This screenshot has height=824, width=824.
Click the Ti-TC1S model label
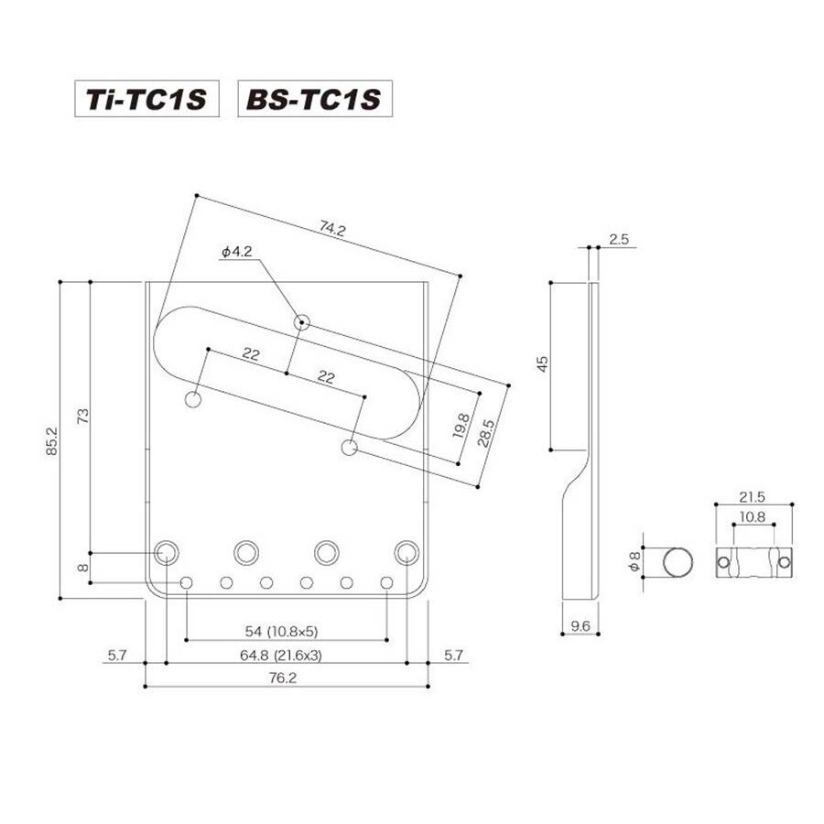(x=146, y=99)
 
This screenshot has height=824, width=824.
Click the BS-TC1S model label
(x=314, y=99)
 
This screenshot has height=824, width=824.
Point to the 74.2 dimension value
(x=332, y=229)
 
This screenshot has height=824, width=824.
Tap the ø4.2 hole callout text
(x=236, y=252)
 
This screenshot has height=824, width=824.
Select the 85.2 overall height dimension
(x=52, y=440)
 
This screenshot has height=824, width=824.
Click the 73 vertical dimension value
(x=83, y=417)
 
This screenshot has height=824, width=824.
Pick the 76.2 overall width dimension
(x=283, y=678)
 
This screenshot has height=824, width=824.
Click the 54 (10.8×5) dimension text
(x=282, y=631)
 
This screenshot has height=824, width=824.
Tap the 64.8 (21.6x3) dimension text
(x=281, y=656)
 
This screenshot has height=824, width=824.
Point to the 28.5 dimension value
(x=486, y=432)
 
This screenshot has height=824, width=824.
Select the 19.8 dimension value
(x=461, y=426)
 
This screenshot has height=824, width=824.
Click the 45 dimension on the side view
(x=542, y=363)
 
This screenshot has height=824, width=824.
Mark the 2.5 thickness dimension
(x=619, y=239)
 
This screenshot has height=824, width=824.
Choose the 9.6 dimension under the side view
(x=580, y=626)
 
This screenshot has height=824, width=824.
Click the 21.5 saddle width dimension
(x=752, y=496)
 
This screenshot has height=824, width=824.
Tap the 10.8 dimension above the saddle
(x=753, y=517)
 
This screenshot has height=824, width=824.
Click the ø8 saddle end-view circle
(x=678, y=562)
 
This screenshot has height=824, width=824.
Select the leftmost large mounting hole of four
(x=166, y=553)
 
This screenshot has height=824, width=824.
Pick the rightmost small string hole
(x=386, y=583)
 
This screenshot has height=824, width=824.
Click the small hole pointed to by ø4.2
(x=301, y=321)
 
